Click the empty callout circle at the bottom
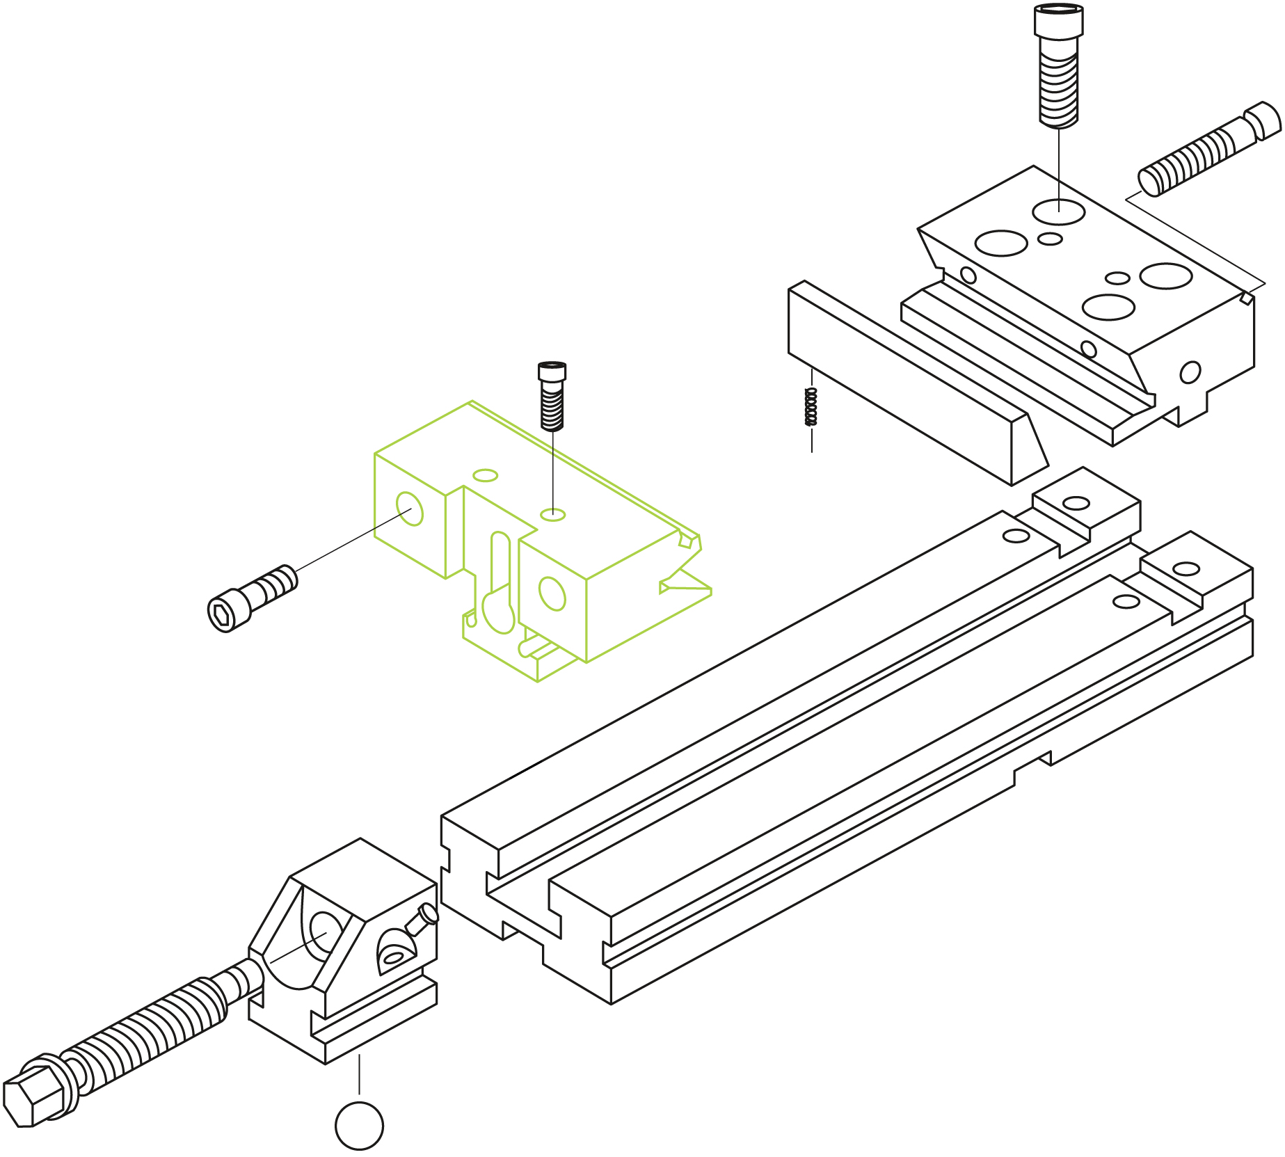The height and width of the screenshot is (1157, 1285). tap(359, 1126)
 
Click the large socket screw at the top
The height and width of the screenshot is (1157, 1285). tap(1058, 66)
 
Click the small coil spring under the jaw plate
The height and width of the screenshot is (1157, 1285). tap(811, 407)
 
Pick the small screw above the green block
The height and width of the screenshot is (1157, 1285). tap(552, 397)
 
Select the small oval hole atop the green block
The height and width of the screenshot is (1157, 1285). tap(485, 476)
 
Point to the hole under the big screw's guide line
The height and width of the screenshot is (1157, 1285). tap(1058, 212)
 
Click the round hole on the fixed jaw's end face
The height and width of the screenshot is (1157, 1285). tap(1190, 372)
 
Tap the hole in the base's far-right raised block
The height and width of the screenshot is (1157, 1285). tap(1186, 569)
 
